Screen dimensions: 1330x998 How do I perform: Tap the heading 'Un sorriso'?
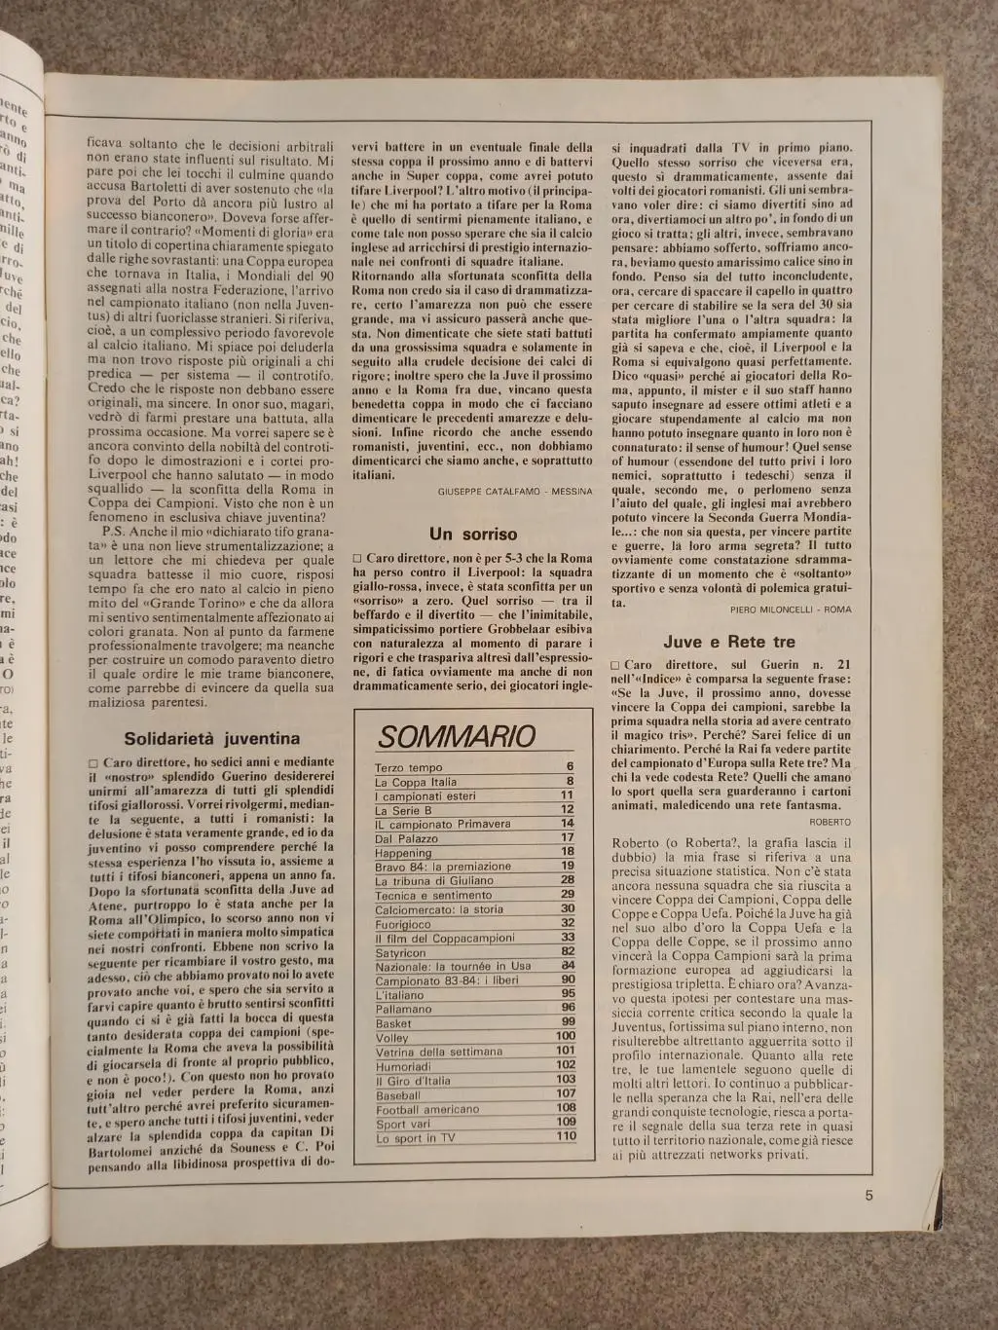(472, 535)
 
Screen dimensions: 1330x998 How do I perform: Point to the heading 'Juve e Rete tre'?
(729, 643)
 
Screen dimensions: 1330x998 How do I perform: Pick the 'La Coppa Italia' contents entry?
(416, 782)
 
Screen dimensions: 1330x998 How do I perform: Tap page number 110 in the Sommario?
(566, 1136)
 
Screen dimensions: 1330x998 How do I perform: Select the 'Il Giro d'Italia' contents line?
(413, 1080)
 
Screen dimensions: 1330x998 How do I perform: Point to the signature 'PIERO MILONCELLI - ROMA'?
(790, 609)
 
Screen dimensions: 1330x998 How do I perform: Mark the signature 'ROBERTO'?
(830, 822)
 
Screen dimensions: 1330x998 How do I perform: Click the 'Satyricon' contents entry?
(400, 953)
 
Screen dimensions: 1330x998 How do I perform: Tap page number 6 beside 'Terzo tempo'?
(570, 767)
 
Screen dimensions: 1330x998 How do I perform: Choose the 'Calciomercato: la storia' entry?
(439, 909)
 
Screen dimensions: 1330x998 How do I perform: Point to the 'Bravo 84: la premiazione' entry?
(442, 867)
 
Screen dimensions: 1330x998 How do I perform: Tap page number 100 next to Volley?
(566, 1037)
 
